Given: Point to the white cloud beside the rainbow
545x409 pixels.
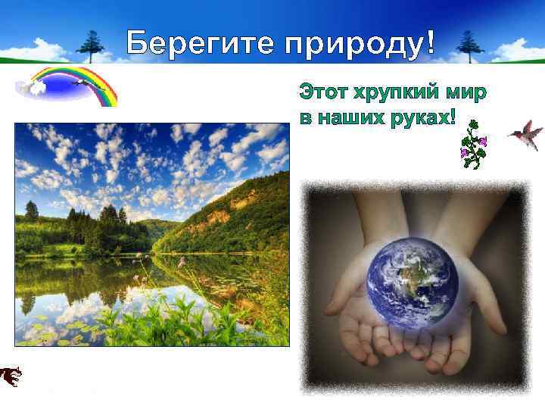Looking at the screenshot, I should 32,86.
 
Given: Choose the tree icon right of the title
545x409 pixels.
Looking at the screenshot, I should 470,45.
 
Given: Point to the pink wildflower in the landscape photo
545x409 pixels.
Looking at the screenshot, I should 182,262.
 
